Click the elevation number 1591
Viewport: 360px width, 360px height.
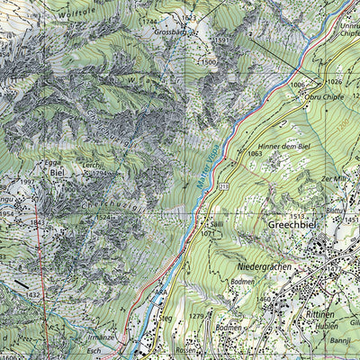(x=220, y=40)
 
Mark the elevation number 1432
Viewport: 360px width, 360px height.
(x=35, y=294)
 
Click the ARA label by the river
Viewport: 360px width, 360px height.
(x=160, y=293)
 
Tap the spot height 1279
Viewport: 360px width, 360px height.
(x=196, y=315)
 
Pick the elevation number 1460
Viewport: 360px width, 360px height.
(x=264, y=298)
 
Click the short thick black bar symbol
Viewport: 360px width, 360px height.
(x=20, y=285)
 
